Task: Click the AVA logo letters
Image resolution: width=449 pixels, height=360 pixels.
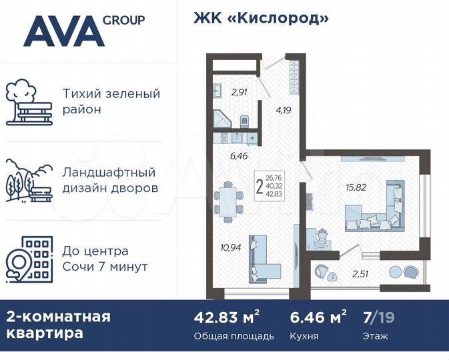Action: (x=64, y=31)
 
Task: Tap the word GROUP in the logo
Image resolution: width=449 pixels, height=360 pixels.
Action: (x=125, y=20)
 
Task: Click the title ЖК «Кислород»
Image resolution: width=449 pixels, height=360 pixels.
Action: (x=262, y=18)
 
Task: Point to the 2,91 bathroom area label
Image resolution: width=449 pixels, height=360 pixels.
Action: (x=239, y=93)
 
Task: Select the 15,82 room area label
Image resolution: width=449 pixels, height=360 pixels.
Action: (x=356, y=187)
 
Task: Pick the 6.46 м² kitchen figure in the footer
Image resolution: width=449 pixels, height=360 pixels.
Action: (x=319, y=317)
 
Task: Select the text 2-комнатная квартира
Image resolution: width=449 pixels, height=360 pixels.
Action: (x=59, y=325)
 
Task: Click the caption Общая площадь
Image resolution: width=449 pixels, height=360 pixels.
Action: (x=234, y=336)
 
